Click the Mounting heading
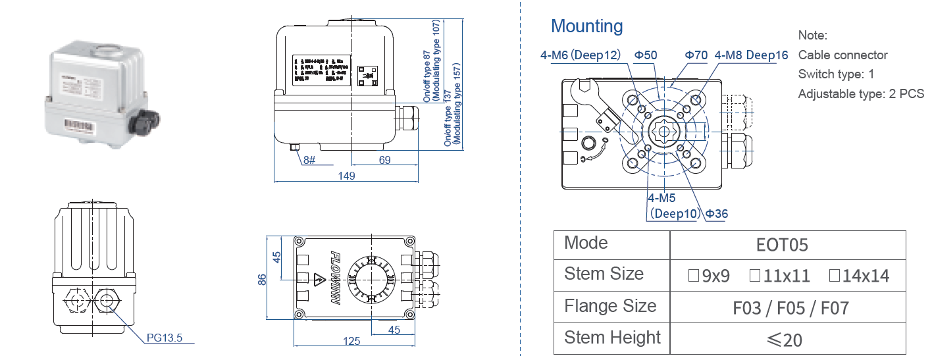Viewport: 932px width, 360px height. pos(586,26)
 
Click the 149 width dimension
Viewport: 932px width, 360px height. pos(346,176)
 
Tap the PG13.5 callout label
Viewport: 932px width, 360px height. pos(164,338)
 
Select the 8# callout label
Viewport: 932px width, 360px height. pos(310,160)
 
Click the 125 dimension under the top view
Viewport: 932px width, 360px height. pos(352,341)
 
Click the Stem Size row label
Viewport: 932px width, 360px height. pos(604,274)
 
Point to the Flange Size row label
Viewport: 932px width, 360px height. pos(610,306)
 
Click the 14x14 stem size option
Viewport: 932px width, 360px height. pos(859,276)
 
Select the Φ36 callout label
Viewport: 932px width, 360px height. pos(717,213)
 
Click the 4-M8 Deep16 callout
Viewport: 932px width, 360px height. pos(751,55)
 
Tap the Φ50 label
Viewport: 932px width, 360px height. pos(645,55)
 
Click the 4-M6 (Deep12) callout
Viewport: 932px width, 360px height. pos(581,55)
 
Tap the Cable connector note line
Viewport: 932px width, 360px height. pos(842,55)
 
